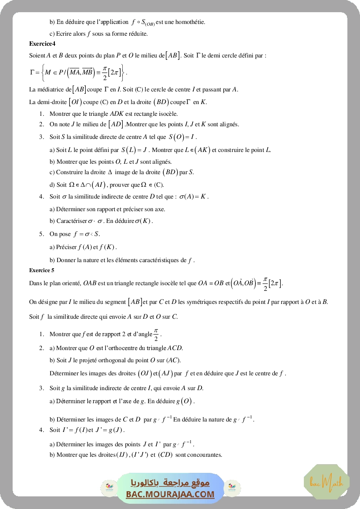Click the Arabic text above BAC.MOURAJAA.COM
point(170,483)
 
